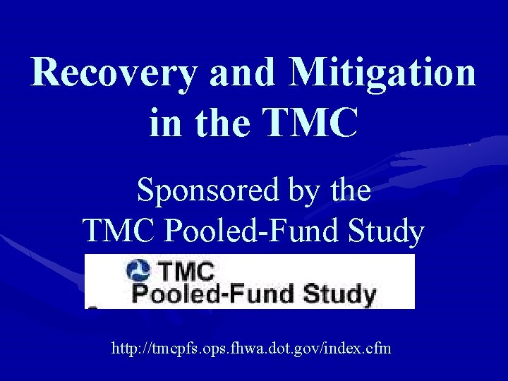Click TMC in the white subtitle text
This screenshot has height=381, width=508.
tap(113, 230)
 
